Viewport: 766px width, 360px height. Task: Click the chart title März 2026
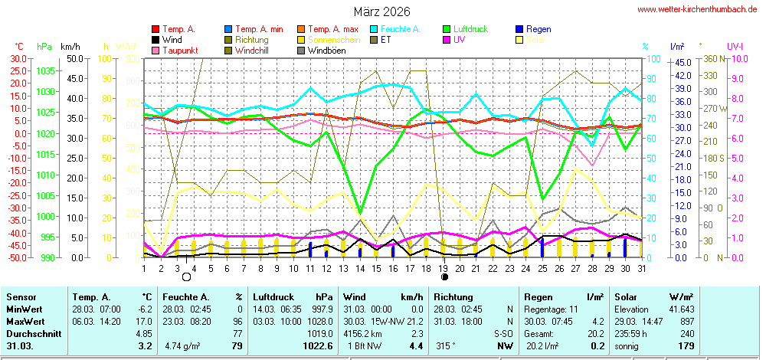click(x=381, y=12)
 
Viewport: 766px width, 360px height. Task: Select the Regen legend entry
click(x=539, y=29)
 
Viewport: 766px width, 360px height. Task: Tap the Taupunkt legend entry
click(x=180, y=51)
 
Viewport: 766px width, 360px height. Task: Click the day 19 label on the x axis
click(x=444, y=268)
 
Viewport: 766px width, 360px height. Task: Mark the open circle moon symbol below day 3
click(x=185, y=277)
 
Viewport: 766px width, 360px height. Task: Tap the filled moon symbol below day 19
click(x=444, y=277)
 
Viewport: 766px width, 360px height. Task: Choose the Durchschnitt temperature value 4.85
click(x=142, y=335)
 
